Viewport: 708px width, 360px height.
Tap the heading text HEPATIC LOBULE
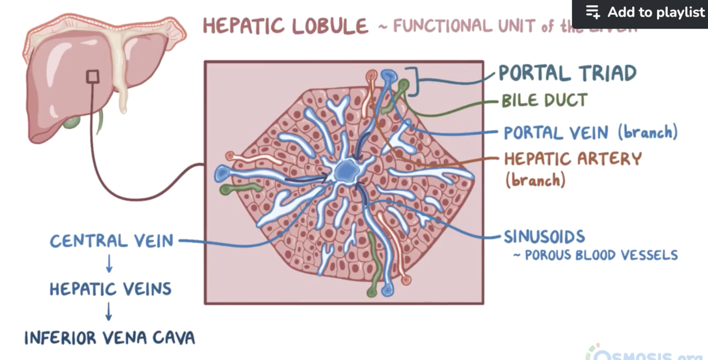point(286,26)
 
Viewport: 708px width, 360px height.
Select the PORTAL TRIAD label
point(567,73)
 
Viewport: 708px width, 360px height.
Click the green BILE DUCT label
point(544,100)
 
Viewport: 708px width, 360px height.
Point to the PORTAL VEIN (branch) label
point(590,132)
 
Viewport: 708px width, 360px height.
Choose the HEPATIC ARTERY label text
point(573,159)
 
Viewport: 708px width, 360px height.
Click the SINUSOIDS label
point(544,236)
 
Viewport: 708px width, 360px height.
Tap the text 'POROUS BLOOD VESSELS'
point(601,255)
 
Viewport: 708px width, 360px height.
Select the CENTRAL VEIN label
point(111,241)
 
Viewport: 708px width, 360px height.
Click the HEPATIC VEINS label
point(110,289)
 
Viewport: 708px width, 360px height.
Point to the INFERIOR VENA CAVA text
point(109,337)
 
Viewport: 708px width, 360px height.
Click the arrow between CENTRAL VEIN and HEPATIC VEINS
point(108,264)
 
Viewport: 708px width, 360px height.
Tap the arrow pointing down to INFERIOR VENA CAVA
point(108,312)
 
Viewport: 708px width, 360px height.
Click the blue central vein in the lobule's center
point(347,170)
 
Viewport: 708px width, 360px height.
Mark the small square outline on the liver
point(92,76)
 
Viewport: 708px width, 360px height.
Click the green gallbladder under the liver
point(71,123)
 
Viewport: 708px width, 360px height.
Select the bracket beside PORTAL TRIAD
point(413,81)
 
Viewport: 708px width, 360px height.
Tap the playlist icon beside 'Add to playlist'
point(592,12)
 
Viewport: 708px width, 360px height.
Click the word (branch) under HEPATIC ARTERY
point(534,181)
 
